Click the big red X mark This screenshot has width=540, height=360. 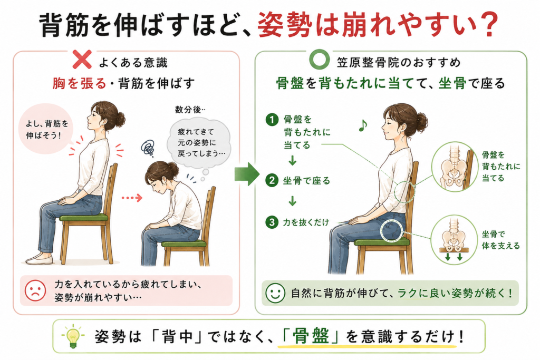point(82,60)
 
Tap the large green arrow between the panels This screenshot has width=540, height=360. point(247,174)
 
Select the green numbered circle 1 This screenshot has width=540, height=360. point(272,120)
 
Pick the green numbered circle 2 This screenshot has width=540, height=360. point(272,180)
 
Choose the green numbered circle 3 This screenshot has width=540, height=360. point(272,222)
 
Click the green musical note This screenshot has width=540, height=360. point(363,125)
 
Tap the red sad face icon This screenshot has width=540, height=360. point(35,290)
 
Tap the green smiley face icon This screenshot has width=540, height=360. point(275,293)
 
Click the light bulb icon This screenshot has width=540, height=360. point(73,336)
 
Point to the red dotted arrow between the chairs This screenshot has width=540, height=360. point(132,198)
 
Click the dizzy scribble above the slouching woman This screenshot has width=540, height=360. point(148,148)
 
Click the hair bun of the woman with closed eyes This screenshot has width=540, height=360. point(420,122)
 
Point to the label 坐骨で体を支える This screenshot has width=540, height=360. point(500,240)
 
